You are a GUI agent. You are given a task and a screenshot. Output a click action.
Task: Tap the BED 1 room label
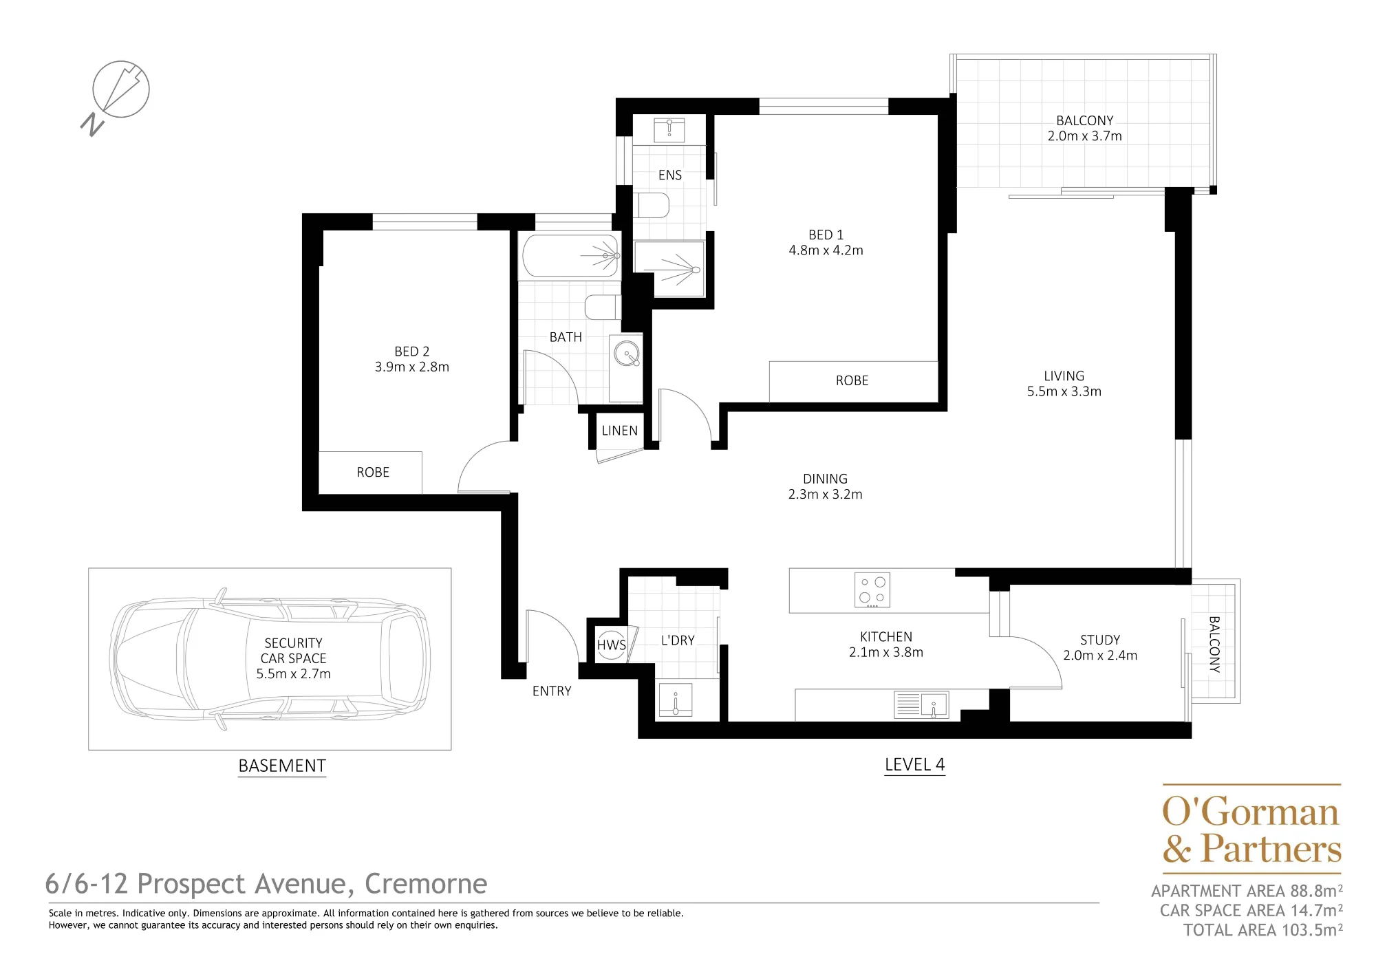[826, 235]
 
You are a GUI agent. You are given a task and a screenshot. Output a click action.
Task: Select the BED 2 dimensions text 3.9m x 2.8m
[411, 367]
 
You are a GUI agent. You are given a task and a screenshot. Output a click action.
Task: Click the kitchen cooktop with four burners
[872, 590]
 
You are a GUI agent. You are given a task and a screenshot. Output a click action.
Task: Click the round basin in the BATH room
[627, 354]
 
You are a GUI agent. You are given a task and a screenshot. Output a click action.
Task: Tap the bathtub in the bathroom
[570, 255]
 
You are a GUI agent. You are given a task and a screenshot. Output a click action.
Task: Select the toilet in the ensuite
[651, 205]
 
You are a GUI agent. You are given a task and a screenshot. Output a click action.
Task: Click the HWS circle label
[611, 645]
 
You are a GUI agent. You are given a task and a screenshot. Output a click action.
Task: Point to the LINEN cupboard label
[619, 431]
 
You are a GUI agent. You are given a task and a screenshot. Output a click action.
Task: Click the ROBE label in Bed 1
[852, 381]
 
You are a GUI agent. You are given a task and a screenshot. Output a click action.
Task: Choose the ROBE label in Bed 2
[373, 473]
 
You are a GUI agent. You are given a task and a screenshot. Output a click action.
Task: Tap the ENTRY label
[552, 691]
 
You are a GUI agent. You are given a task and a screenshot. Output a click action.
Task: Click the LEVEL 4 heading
[914, 765]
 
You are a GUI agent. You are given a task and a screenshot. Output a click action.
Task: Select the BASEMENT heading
[282, 766]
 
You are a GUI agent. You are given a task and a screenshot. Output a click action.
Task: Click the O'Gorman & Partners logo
[1251, 829]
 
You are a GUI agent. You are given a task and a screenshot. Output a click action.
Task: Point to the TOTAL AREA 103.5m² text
[1263, 931]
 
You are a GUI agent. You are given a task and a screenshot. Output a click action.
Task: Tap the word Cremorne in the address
[426, 884]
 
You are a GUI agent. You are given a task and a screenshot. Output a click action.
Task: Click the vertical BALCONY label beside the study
[1214, 644]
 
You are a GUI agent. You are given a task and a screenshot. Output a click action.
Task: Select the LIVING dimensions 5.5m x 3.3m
[1064, 392]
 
